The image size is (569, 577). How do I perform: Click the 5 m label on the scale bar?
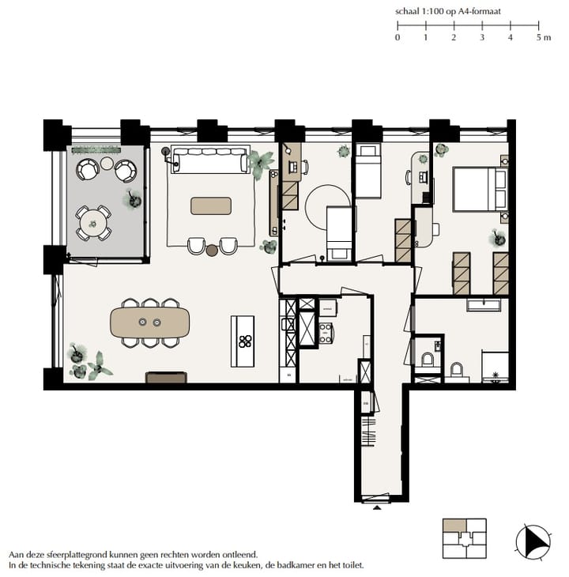pyautogui.click(x=543, y=37)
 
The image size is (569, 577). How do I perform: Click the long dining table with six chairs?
pyautogui.click(x=150, y=322)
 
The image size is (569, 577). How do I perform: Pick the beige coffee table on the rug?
pyautogui.click(x=211, y=206)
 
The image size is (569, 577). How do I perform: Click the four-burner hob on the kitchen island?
pyautogui.click(x=245, y=341)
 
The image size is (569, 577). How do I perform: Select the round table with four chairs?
pyautogui.click(x=93, y=221)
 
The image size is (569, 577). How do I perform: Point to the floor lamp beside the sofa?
pyautogui.click(x=165, y=150)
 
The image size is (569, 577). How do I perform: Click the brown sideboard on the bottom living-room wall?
pyautogui.click(x=166, y=378)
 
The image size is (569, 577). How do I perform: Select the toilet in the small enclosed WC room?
pyautogui.click(x=428, y=360)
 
